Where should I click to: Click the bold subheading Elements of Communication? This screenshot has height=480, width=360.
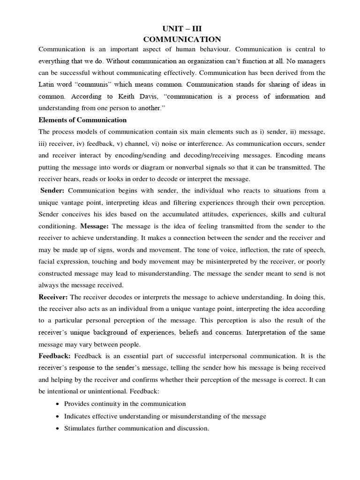[82, 120]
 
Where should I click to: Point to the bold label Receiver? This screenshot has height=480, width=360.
[53, 296]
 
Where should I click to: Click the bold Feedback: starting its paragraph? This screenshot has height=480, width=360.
[55, 356]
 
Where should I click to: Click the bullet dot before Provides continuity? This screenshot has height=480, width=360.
[57, 404]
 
